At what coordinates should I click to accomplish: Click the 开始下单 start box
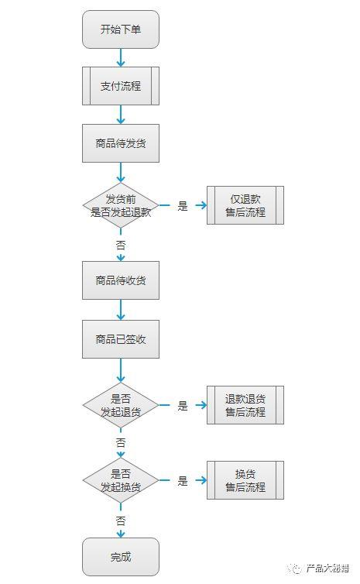tap(120, 29)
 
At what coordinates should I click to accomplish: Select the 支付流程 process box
tap(120, 86)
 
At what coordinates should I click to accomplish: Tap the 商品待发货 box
tap(120, 143)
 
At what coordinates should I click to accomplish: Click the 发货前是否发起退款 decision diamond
tap(120, 205)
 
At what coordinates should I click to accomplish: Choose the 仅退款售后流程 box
tap(245, 205)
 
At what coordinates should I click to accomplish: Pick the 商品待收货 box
tap(120, 280)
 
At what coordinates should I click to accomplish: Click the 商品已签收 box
tap(120, 339)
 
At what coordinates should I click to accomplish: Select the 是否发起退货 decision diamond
tap(120, 405)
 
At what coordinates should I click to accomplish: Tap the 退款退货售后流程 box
tap(245, 405)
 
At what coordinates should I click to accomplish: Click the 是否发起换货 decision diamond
tap(120, 480)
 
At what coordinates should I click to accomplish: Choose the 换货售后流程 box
tap(245, 480)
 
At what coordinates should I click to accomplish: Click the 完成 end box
tap(120, 557)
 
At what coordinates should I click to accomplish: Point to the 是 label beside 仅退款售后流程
tap(183, 206)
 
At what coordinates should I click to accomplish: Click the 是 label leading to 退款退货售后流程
tap(183, 405)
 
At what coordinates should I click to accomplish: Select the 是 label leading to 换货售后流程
tap(183, 480)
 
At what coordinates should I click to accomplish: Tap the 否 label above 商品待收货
tap(121, 244)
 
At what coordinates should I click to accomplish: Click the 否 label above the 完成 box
tap(121, 520)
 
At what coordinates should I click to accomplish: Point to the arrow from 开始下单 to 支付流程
tap(121, 58)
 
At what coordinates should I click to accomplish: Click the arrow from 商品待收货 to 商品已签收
tap(121, 310)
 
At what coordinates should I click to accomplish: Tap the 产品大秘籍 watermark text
tap(327, 568)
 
